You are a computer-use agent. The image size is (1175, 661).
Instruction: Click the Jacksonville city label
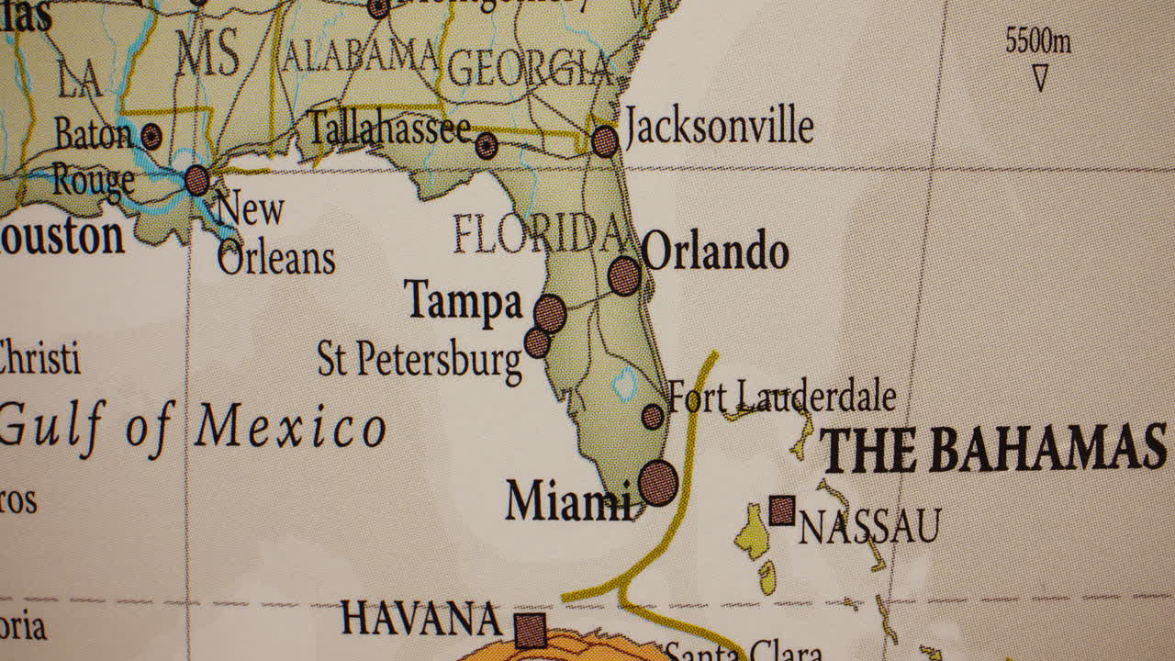(719, 128)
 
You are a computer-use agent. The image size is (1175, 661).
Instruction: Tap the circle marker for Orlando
(624, 275)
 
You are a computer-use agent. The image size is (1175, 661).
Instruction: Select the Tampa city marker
(550, 313)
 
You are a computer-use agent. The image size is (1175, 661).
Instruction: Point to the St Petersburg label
(420, 360)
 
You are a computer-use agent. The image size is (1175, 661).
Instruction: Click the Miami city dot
(657, 483)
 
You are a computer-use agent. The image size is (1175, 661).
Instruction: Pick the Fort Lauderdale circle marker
(652, 417)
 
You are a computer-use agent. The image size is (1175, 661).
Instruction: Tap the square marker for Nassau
(782, 510)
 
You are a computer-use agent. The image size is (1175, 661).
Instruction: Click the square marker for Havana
(530, 631)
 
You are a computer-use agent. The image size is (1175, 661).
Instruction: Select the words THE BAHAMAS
(992, 450)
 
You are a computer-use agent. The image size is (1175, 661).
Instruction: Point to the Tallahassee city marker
(487, 145)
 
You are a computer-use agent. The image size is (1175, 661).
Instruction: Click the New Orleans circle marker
(196, 180)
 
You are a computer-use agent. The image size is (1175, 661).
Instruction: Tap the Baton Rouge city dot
(151, 137)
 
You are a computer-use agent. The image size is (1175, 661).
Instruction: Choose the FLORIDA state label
(540, 235)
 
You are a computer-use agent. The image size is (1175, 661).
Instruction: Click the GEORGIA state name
(530, 68)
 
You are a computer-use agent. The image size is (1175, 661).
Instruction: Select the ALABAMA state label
(359, 56)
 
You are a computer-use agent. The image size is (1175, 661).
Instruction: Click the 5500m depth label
(1037, 41)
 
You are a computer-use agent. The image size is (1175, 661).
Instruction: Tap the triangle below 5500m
(1040, 78)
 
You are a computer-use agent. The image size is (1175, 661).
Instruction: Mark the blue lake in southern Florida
(624, 384)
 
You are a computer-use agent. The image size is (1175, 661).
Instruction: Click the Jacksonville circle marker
(604, 141)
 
